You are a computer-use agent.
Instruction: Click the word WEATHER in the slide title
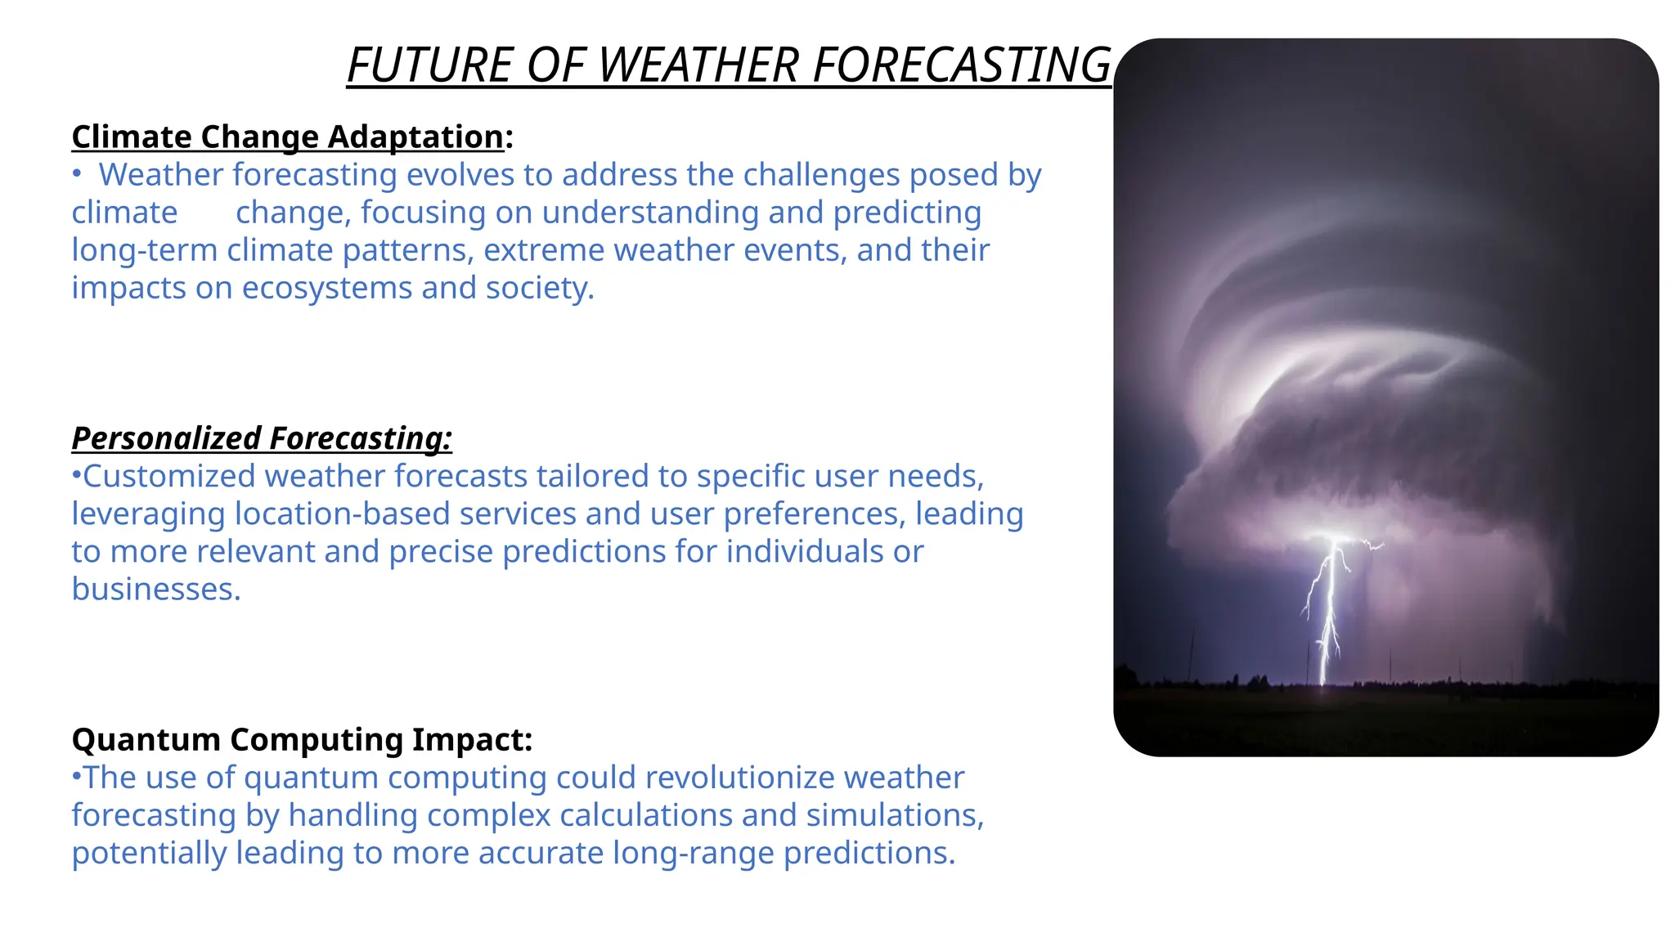tap(698, 65)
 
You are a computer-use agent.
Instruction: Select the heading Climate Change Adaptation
tap(288, 137)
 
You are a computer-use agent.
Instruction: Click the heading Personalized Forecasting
tap(262, 438)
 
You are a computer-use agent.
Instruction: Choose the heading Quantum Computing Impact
tap(302, 739)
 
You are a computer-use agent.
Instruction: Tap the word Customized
tap(169, 476)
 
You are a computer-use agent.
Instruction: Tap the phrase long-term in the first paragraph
tap(144, 250)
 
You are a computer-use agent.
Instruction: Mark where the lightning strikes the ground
tap(1324, 684)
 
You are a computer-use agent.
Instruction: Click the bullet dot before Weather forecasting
tap(76, 174)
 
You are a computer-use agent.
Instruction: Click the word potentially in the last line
tap(149, 853)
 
